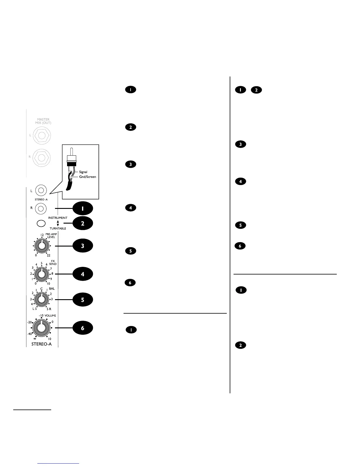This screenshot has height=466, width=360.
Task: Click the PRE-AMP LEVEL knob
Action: click(41, 246)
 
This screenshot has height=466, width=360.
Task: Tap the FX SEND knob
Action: click(41, 274)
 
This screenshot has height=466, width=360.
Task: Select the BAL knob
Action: click(41, 299)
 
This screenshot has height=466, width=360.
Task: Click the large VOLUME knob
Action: click(41, 328)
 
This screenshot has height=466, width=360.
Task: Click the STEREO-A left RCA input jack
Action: click(41, 191)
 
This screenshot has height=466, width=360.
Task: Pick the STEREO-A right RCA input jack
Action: click(41, 209)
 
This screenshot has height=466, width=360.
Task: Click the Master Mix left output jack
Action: click(42, 136)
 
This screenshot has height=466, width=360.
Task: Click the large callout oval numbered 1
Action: click(83, 209)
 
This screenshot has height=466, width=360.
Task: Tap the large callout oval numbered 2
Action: click(83, 224)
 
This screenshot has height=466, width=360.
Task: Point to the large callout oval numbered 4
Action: click(83, 274)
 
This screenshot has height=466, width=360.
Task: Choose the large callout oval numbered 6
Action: click(83, 328)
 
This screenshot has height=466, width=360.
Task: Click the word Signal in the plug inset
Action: click(83, 172)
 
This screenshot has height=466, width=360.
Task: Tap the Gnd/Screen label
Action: click(87, 177)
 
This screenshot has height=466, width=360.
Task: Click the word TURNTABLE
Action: click(58, 229)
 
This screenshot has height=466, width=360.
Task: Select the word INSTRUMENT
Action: click(58, 218)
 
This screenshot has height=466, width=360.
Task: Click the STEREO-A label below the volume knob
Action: click(41, 344)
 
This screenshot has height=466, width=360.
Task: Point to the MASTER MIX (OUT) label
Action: click(43, 121)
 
